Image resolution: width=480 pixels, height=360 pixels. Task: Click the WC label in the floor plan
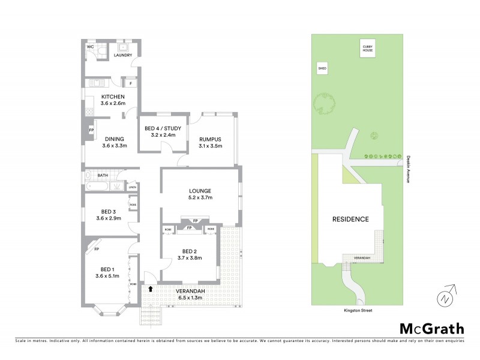coord(91,46)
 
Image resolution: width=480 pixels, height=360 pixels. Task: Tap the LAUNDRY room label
coord(122,55)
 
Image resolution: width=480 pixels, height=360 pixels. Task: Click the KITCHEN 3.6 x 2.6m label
coord(113,100)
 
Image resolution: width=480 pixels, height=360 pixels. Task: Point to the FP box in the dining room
coord(91,130)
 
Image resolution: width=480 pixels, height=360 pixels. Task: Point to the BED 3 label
coord(108,214)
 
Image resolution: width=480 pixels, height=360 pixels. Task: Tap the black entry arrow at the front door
coord(151,289)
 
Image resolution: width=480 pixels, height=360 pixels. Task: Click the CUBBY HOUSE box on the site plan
coord(367,49)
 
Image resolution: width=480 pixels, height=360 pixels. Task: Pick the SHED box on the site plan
coord(322,70)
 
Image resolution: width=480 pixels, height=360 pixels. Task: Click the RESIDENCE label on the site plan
coord(350,219)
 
